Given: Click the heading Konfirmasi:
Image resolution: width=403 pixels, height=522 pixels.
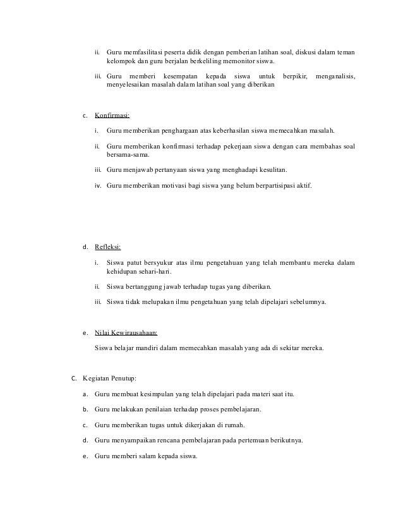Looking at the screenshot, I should (x=112, y=116).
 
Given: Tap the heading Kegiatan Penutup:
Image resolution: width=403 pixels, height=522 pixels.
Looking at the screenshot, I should (x=104, y=379).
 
